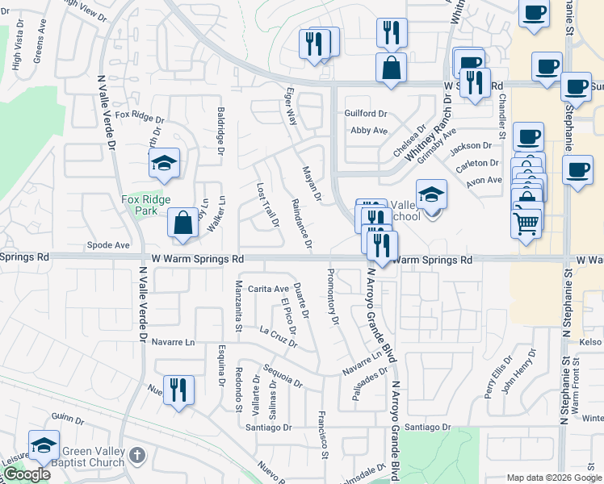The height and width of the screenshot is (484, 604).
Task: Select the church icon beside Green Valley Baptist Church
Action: point(137,455)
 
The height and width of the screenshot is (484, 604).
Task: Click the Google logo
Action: point(27,474)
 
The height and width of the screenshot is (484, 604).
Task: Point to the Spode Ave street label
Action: point(109,244)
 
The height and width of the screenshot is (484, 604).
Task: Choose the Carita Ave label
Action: point(268,289)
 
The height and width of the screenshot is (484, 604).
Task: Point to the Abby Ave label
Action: point(369,130)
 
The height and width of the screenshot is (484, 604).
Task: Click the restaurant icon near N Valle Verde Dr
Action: point(178,389)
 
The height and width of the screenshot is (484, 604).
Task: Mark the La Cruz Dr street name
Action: point(279,336)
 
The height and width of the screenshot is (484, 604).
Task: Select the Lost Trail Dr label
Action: point(267,204)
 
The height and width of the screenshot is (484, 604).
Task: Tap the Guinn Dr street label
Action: point(67,419)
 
